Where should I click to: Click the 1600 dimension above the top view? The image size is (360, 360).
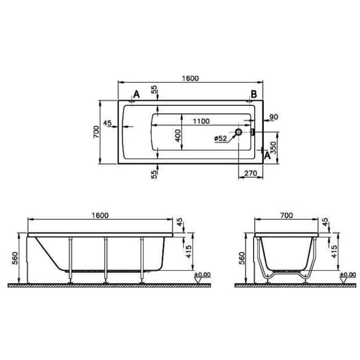pos(190,78)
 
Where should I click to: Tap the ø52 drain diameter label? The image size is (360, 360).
pos(221,139)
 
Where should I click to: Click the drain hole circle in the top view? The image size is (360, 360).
pos(239,132)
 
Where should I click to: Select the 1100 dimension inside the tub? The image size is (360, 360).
pos(201,121)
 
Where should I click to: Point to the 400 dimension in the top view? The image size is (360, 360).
pos(178,135)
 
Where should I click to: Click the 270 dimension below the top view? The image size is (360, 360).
pos(251,173)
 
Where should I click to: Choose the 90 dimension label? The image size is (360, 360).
pos(274,117)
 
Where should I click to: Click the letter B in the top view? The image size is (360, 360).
pos(254,94)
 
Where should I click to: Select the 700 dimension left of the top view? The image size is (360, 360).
pos(96,132)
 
